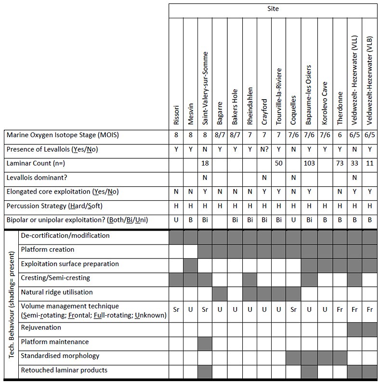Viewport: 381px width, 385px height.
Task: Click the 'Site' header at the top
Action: point(273,9)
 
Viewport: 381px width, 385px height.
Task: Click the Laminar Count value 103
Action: point(309,164)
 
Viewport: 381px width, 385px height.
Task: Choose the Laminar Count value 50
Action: point(279,164)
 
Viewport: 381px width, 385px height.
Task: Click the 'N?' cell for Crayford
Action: point(264,150)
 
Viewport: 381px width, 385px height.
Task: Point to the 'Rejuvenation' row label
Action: point(41,328)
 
